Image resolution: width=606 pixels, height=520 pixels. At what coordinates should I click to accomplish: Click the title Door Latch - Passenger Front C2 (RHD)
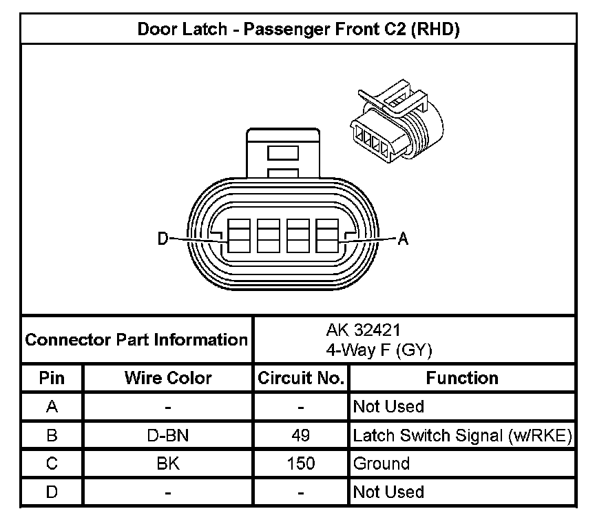298,29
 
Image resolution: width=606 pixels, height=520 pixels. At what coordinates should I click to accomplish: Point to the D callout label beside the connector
163,239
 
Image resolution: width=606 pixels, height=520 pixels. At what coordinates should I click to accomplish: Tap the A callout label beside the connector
404,239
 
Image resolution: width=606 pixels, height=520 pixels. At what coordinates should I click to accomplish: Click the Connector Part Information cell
136,339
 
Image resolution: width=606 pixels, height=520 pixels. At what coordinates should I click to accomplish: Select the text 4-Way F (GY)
379,350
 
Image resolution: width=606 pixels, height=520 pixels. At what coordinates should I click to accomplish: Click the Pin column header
52,378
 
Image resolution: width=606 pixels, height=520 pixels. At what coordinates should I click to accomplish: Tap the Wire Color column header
168,378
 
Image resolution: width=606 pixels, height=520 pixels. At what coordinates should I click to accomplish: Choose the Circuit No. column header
301,378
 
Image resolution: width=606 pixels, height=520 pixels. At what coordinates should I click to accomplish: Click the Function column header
462,378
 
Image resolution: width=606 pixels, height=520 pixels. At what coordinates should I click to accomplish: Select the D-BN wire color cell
168,435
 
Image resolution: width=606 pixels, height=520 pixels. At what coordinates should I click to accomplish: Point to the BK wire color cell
168,463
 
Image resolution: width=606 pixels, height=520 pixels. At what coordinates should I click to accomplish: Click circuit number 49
301,435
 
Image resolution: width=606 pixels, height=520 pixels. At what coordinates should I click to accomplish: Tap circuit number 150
301,463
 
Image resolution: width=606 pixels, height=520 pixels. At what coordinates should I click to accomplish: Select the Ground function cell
382,463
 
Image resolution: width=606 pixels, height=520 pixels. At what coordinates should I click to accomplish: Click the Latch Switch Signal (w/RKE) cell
462,435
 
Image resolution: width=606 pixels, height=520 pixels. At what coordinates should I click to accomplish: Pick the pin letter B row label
52,435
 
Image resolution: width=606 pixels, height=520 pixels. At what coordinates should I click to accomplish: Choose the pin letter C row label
52,463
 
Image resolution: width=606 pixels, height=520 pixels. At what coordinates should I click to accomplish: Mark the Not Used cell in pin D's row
388,492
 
